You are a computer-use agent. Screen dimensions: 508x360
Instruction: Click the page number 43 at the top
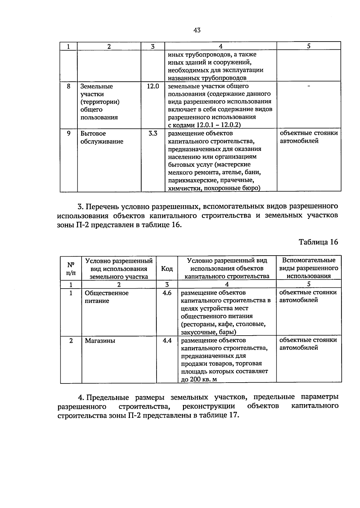197,30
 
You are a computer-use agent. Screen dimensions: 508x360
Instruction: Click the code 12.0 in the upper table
153,87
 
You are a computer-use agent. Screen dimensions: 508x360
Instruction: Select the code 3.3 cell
153,134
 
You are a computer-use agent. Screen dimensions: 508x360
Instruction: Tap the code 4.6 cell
167,293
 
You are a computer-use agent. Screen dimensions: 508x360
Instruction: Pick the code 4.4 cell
167,340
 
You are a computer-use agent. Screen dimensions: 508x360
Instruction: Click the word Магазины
100,341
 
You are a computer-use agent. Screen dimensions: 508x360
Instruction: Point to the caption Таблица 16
318,242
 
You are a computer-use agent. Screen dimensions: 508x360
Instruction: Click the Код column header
167,269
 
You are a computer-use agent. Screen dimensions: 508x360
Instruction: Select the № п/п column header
71,269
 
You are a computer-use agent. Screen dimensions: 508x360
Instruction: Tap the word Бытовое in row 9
93,134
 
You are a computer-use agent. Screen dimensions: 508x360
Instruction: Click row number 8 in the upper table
69,87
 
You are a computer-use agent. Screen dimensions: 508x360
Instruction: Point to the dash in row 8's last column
309,87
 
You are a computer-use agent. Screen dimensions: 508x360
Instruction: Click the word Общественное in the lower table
106,293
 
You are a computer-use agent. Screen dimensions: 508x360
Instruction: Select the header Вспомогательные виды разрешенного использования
309,268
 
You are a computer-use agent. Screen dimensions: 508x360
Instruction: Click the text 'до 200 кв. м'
199,379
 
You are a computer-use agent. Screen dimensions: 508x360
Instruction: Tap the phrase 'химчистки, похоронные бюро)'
214,188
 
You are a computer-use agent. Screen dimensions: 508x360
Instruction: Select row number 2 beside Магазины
71,341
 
